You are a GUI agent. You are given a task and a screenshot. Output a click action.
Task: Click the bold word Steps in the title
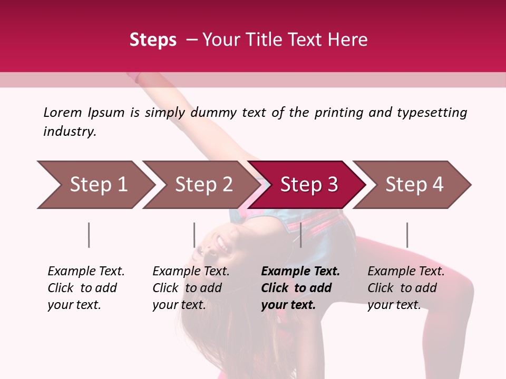pos(153,40)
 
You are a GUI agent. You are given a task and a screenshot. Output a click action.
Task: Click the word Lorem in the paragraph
pos(63,112)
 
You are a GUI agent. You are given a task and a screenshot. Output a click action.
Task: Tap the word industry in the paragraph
pos(69,131)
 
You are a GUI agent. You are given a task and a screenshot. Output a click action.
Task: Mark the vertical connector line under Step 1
pos(89,235)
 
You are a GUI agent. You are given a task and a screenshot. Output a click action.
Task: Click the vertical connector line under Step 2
pos(194,235)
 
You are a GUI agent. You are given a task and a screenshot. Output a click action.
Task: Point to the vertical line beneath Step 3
pos(300,235)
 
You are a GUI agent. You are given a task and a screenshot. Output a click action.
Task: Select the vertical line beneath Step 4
pos(407,235)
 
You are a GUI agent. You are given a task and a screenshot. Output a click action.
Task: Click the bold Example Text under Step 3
pos(300,272)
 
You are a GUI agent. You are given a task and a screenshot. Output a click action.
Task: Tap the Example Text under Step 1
pos(86,272)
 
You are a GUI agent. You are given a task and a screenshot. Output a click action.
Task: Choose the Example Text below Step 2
pos(191,272)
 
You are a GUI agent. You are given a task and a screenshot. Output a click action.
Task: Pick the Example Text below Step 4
pos(406,272)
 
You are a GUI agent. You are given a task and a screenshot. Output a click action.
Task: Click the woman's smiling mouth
pos(222,243)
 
